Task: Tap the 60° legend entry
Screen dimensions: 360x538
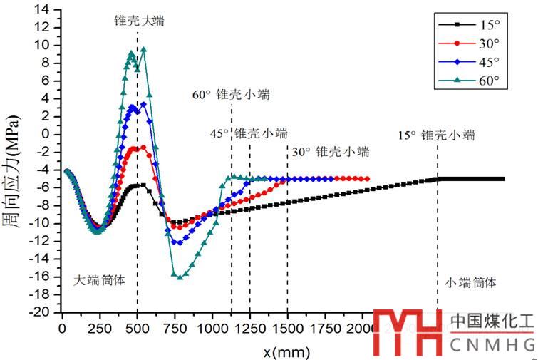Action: [x=471, y=80]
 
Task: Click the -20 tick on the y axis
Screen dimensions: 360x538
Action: [x=43, y=312]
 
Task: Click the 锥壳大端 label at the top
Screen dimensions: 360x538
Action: [x=139, y=21]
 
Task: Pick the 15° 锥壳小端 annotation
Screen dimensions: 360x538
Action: [x=436, y=135]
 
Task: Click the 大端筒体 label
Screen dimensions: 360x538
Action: [x=100, y=280]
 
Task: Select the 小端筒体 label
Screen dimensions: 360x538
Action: [x=470, y=283]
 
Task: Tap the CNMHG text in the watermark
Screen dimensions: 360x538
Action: [x=491, y=346]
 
